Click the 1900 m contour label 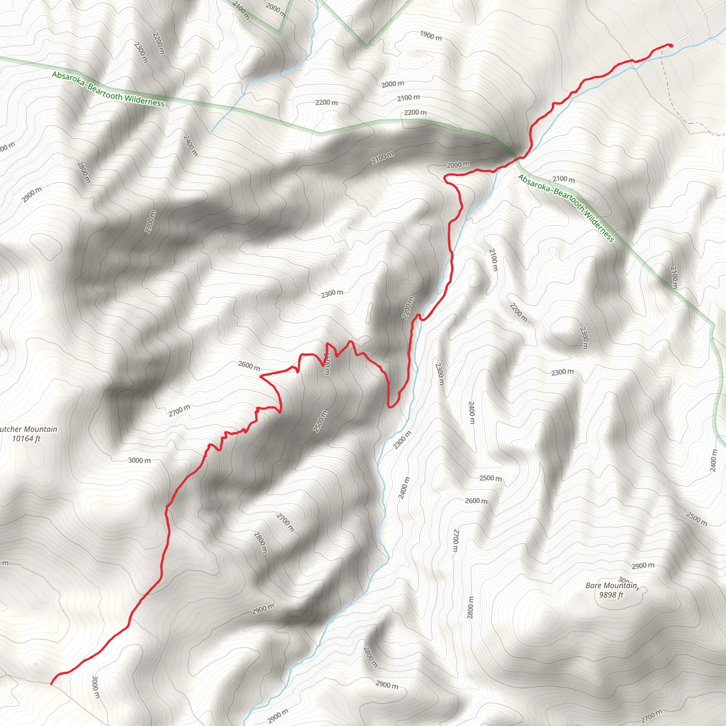431,36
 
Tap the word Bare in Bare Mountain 593,586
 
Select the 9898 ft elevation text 611,595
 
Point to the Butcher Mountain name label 28,429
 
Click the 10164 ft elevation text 26,439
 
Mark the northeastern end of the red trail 670,45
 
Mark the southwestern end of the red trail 51,683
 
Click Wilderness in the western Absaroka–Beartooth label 145,100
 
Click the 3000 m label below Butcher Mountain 139,460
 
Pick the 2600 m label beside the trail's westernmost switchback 249,365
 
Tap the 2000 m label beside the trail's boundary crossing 458,164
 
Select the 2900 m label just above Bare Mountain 643,565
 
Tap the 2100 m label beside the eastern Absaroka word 564,180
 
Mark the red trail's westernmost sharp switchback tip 261,375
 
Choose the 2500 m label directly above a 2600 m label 490,478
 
